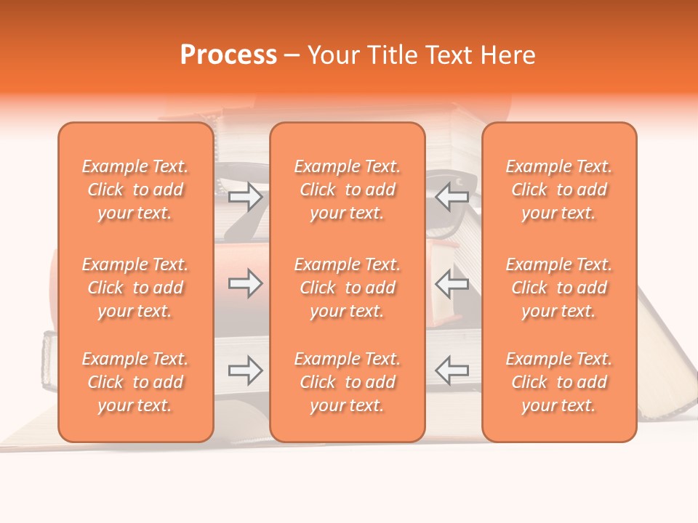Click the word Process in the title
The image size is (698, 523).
(228, 55)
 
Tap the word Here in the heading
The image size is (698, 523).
(508, 55)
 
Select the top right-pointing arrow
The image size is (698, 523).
(245, 196)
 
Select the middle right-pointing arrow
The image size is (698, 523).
(245, 283)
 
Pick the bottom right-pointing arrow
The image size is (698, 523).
(245, 370)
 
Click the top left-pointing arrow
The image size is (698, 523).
(452, 196)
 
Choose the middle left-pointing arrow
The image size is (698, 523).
(452, 283)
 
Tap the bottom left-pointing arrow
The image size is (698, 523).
(452, 370)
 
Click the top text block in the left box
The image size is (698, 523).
(135, 190)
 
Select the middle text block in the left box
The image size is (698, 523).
(135, 288)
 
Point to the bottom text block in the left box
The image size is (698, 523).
(135, 382)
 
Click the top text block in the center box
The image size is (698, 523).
(348, 190)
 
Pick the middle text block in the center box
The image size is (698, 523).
(348, 288)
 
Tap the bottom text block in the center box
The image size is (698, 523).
(348, 382)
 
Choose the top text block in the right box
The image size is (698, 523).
(559, 190)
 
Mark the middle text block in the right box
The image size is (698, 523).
(559, 288)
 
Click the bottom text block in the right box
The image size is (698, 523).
(559, 382)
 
